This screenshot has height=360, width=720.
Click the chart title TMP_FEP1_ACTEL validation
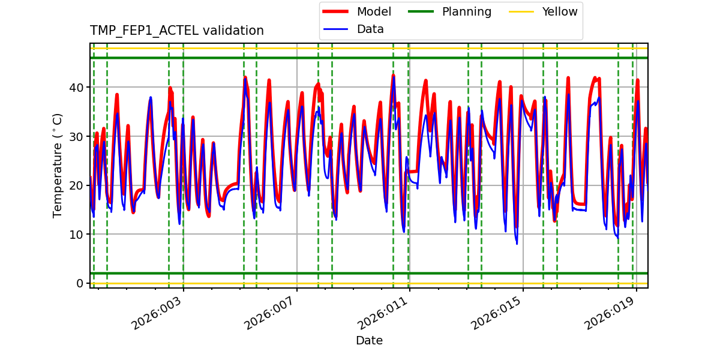177,31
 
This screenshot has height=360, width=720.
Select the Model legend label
374,11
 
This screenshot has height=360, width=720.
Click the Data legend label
370,29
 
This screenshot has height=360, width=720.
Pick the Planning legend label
466,11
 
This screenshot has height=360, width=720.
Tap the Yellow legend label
559,11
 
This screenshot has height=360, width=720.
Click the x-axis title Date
369,341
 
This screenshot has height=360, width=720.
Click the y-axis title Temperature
58,165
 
